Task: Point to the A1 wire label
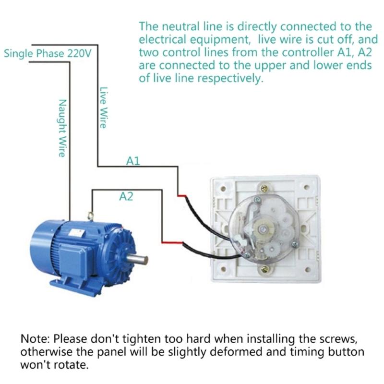(x=133, y=161)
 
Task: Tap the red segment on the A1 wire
(x=182, y=195)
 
